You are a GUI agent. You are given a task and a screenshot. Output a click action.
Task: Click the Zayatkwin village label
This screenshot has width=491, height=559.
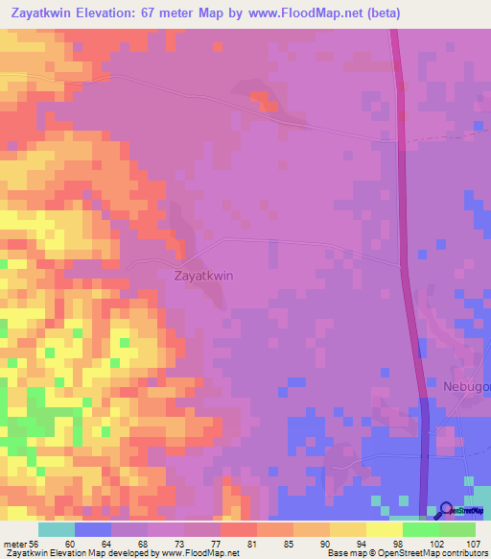(x=204, y=275)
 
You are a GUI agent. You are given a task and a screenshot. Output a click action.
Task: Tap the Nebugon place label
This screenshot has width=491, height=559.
(x=466, y=386)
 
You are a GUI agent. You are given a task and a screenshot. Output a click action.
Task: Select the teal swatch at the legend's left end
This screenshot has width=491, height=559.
(x=56, y=529)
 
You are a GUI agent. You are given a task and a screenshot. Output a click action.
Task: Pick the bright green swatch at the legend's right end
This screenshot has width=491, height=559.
(x=456, y=529)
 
